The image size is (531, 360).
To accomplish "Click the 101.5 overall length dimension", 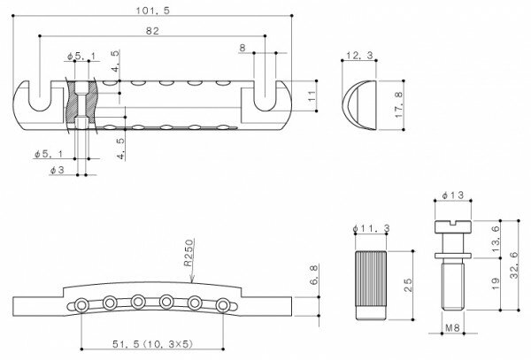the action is click(152, 10).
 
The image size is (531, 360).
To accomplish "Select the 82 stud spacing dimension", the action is click(152, 31).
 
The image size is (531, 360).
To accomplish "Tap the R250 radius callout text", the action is click(189, 253).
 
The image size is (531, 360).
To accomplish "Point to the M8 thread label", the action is click(452, 327).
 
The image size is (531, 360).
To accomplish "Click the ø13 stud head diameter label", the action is click(453, 195).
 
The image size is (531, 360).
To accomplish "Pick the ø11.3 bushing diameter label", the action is click(371, 229).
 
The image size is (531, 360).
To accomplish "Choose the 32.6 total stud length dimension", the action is click(514, 265).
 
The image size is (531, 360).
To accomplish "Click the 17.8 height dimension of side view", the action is click(400, 105).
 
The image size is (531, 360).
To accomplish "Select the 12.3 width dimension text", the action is click(359, 55).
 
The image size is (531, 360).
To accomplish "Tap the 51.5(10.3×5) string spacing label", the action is click(152, 344).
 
